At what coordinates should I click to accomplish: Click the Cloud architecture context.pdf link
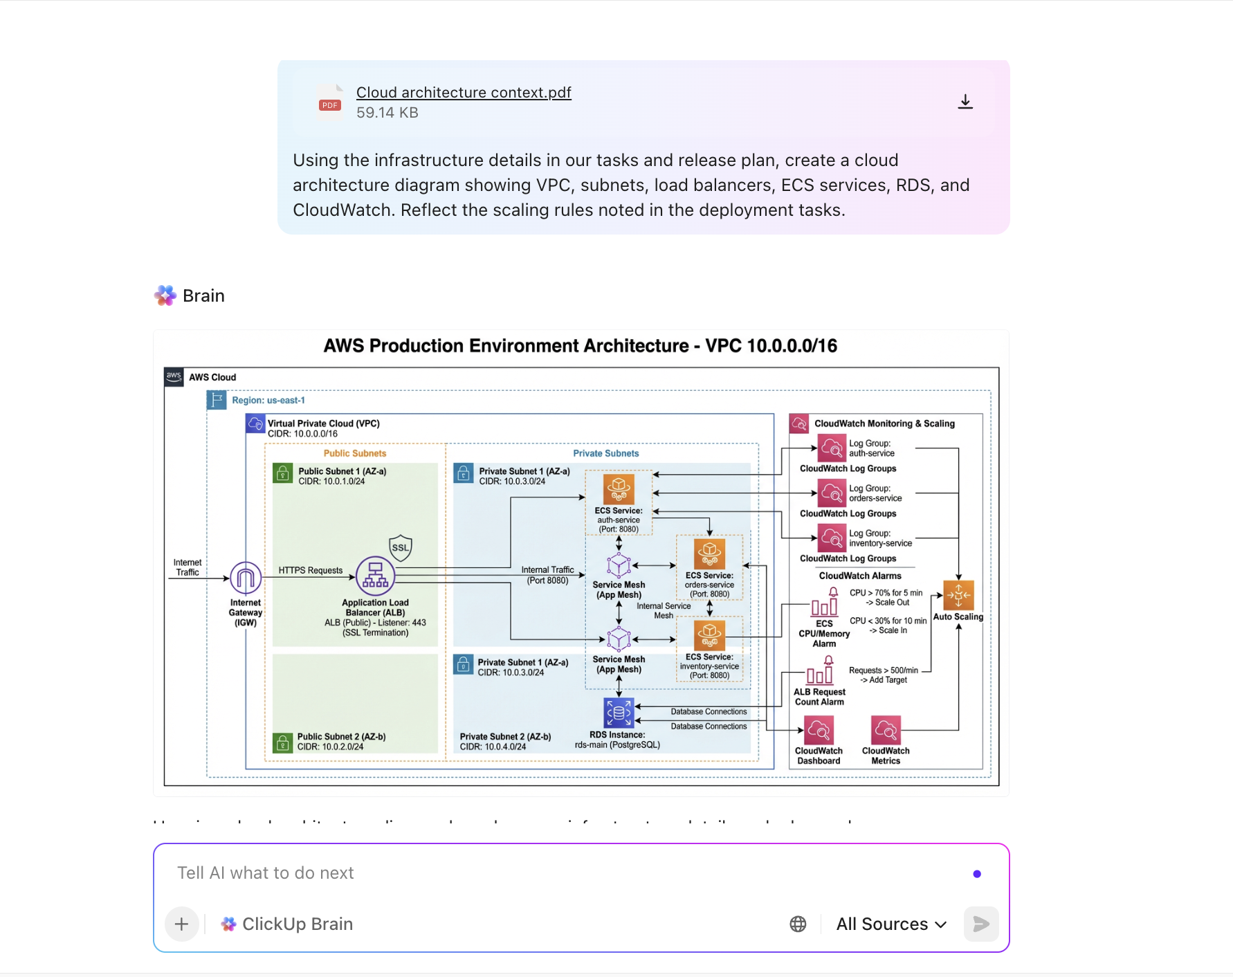tap(464, 93)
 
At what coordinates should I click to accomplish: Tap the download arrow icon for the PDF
tap(965, 102)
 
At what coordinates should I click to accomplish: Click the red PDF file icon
tap(330, 102)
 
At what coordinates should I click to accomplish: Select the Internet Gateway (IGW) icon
tap(246, 578)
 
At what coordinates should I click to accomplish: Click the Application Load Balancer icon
tap(375, 576)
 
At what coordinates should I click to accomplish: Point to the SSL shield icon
tap(401, 547)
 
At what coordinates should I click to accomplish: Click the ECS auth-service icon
tap(619, 489)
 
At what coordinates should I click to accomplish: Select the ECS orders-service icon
tap(709, 554)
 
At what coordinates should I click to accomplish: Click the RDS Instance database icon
tap(619, 713)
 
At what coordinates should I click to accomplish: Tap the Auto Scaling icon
tap(958, 595)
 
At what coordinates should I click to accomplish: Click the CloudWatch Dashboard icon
tap(819, 731)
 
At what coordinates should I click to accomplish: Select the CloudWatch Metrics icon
tap(886, 731)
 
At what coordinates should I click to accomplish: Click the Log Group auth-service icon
tap(832, 448)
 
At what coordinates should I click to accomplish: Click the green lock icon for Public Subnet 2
tap(282, 742)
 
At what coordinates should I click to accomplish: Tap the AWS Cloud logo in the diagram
tap(174, 377)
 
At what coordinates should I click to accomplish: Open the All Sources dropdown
tap(891, 924)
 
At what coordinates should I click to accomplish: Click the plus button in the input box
tap(182, 924)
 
